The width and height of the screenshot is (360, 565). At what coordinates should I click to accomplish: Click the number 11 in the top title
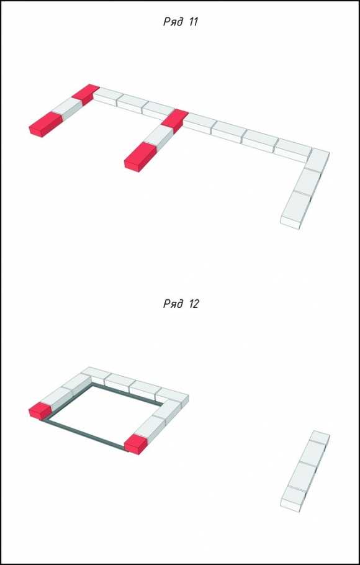(193, 22)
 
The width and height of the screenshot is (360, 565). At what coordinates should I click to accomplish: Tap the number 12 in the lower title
(193, 304)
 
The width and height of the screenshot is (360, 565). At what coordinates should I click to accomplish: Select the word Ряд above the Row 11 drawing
(173, 22)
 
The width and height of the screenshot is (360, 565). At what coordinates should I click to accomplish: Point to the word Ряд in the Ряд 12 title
(173, 304)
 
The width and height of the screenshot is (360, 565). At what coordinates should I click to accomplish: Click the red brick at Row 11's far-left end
(46, 124)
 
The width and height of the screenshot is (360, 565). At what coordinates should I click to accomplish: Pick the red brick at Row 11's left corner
(86, 94)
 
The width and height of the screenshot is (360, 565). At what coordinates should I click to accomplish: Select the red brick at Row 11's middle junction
(175, 120)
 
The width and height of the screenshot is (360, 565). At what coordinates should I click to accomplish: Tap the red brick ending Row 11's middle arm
(140, 157)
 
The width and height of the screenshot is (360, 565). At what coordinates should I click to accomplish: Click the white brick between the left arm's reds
(68, 109)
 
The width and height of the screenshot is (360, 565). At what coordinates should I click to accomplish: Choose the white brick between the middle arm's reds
(158, 137)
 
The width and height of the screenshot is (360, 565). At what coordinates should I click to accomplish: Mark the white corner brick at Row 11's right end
(317, 160)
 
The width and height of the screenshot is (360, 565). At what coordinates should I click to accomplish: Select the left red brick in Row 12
(40, 411)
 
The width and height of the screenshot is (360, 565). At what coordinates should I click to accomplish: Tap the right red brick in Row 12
(135, 444)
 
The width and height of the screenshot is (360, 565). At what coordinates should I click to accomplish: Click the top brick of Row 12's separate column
(320, 437)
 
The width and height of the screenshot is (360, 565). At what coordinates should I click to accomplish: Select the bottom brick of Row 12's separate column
(294, 499)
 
